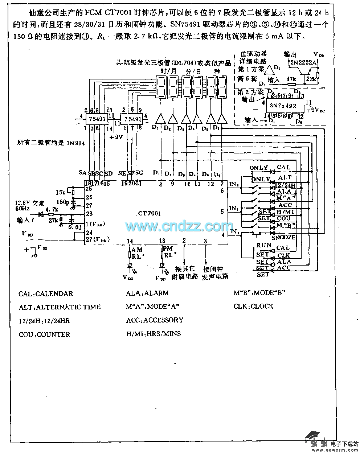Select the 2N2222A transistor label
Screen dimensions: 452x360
click(302, 62)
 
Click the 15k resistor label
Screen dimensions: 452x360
click(61, 192)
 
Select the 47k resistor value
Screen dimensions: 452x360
click(291, 79)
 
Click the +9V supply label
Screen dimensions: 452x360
click(115, 137)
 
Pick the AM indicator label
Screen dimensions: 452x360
click(137, 250)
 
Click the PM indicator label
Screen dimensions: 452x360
click(168, 249)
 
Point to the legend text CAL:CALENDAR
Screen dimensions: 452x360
click(46, 293)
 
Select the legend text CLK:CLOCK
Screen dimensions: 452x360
click(253, 307)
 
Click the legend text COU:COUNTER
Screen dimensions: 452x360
click(44, 334)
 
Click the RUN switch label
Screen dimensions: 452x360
click(264, 245)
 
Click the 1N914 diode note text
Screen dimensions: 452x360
click(51, 143)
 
